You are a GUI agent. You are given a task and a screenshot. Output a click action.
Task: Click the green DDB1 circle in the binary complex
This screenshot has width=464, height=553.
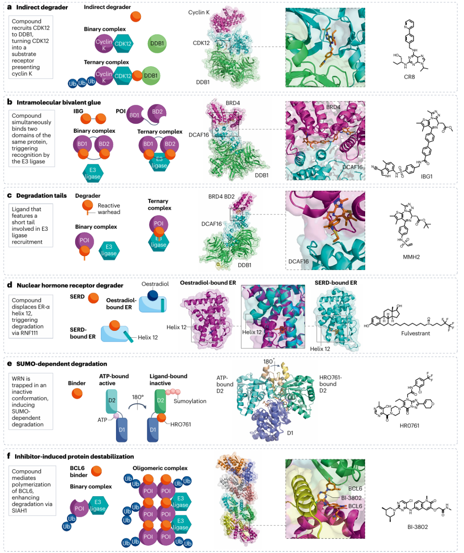point(157,43)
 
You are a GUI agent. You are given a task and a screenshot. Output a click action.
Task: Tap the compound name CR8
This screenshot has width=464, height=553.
point(409,77)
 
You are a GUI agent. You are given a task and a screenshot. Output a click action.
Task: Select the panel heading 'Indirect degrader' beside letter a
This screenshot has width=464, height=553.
point(42,7)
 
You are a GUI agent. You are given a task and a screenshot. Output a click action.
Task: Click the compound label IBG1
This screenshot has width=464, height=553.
point(427,176)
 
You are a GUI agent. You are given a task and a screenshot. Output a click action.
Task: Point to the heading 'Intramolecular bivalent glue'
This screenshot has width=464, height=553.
point(58,102)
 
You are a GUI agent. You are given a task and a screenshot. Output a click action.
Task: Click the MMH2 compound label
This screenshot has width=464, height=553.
point(411,257)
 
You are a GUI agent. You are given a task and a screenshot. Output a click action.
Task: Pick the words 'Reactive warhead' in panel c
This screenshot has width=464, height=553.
point(109,209)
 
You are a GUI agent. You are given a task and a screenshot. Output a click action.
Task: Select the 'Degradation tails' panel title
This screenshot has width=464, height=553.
point(41,196)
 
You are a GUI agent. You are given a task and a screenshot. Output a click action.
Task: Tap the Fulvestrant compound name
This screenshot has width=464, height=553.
point(415,333)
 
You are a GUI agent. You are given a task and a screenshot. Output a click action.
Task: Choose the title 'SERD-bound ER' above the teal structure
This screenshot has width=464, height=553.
point(336,283)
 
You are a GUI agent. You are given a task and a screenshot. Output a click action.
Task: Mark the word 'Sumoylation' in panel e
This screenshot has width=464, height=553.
point(190,401)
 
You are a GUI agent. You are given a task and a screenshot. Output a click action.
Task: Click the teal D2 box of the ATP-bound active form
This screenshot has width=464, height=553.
point(112,401)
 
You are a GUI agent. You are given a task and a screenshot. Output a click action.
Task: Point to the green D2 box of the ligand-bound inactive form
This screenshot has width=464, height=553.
point(160,401)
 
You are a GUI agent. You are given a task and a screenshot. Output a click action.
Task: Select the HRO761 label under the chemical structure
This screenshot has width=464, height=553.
point(409,425)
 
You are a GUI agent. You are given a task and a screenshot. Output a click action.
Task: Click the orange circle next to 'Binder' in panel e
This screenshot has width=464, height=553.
point(77,393)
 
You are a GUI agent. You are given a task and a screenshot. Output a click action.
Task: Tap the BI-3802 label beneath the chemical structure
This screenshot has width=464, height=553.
point(418,527)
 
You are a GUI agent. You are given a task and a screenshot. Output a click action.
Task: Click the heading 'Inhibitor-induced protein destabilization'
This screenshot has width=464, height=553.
point(74,456)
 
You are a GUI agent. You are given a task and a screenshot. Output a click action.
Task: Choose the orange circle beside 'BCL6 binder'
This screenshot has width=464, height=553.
point(97,471)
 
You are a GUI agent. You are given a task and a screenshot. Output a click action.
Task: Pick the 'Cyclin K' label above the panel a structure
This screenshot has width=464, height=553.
point(198,12)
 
